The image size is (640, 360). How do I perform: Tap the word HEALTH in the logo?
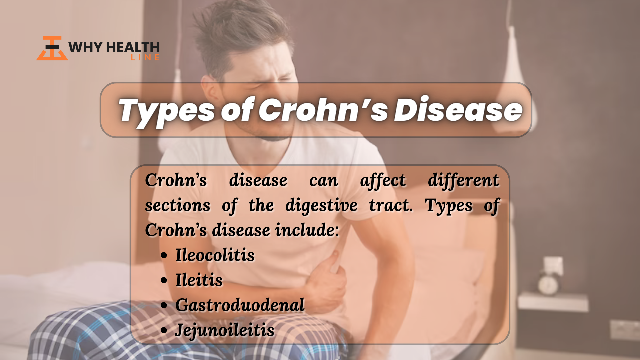coord(132,47)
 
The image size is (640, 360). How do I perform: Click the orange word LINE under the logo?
coord(145,58)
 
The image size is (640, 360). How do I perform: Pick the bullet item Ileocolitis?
coord(215,255)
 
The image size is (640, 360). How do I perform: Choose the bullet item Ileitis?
coord(199,280)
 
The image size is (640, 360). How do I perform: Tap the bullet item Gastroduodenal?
coord(240,305)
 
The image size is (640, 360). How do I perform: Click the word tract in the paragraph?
coord(391,206)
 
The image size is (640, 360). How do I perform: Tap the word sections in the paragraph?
coord(178,206)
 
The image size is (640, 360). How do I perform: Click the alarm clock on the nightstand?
coord(548,284)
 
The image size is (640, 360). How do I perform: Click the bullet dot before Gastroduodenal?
coord(164,305)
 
